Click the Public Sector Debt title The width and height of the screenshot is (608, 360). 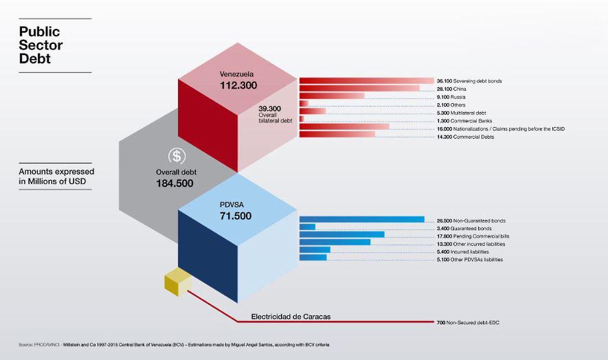pos(40,45)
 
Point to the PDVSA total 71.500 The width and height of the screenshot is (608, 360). pos(236,216)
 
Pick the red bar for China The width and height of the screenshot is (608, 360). pos(359,89)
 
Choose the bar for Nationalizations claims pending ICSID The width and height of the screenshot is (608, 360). pos(344,128)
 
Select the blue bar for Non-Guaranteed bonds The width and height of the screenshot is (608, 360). pos(361,220)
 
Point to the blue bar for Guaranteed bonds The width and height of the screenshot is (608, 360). pos(307,227)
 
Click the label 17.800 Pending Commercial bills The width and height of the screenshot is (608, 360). pos(473,236)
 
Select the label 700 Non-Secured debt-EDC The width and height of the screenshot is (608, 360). pos(469,322)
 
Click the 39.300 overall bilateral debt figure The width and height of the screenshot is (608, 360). pos(271,114)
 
